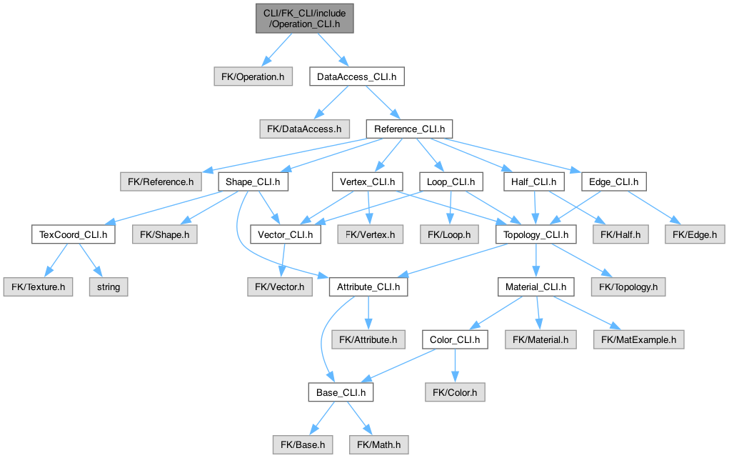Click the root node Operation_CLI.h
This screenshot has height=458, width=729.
pos(303,18)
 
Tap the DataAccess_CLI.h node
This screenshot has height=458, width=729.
pos(356,76)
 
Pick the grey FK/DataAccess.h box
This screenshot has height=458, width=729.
pos(304,129)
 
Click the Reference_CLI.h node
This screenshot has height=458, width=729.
pos(409,129)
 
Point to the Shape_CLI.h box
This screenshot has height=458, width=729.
pos(253,181)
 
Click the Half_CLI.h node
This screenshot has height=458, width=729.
pos(528,181)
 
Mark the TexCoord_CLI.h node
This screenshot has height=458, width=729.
pos(74,234)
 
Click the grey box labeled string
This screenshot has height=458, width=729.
pos(109,287)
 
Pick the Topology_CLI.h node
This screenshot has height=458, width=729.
pos(536,234)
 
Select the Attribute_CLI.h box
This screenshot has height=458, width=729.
pos(368,287)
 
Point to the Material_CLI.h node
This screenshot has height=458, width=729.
pos(536,287)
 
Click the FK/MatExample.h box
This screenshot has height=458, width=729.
pos(638,339)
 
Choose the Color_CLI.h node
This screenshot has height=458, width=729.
pos(455,339)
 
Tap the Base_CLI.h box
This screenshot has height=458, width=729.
pos(341,392)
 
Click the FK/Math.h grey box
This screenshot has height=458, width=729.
pos(378,444)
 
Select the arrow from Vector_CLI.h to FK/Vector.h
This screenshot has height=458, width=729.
pos(283,260)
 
